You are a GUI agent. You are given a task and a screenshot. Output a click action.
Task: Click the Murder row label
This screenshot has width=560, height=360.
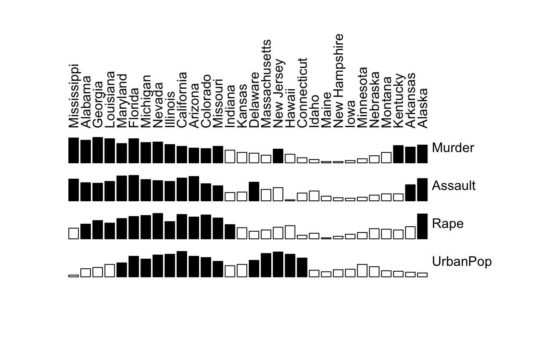(453, 148)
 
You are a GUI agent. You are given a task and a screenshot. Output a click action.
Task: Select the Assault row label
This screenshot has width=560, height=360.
(454, 186)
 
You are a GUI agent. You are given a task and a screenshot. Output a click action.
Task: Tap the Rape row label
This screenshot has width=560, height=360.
(447, 224)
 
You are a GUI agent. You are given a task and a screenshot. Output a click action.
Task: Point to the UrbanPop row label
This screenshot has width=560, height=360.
(462, 262)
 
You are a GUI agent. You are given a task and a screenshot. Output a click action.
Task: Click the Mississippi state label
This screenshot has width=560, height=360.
(74, 96)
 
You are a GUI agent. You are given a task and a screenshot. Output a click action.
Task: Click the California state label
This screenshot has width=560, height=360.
(182, 100)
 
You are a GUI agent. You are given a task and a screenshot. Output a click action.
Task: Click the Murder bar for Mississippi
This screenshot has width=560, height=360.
(74, 150)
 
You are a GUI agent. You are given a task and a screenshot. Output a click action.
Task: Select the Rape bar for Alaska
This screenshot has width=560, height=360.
(422, 226)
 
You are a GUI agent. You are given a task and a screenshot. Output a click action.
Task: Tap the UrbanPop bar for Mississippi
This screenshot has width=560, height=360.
(74, 276)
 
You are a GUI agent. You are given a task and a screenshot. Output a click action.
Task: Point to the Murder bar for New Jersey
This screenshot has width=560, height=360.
(278, 156)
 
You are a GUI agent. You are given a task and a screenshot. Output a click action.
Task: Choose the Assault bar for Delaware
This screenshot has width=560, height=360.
(254, 192)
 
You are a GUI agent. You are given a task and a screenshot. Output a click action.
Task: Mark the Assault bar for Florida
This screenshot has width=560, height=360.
(134, 188)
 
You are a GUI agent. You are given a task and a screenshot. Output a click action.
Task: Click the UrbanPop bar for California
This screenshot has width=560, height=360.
(182, 264)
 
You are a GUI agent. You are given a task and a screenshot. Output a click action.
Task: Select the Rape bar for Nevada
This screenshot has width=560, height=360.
(158, 226)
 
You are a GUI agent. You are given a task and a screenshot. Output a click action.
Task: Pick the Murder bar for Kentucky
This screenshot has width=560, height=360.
(398, 154)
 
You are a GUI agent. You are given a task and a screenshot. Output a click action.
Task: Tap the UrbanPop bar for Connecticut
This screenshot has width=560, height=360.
(302, 267)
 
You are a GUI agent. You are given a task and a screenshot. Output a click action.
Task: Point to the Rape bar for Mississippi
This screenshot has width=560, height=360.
(74, 233)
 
